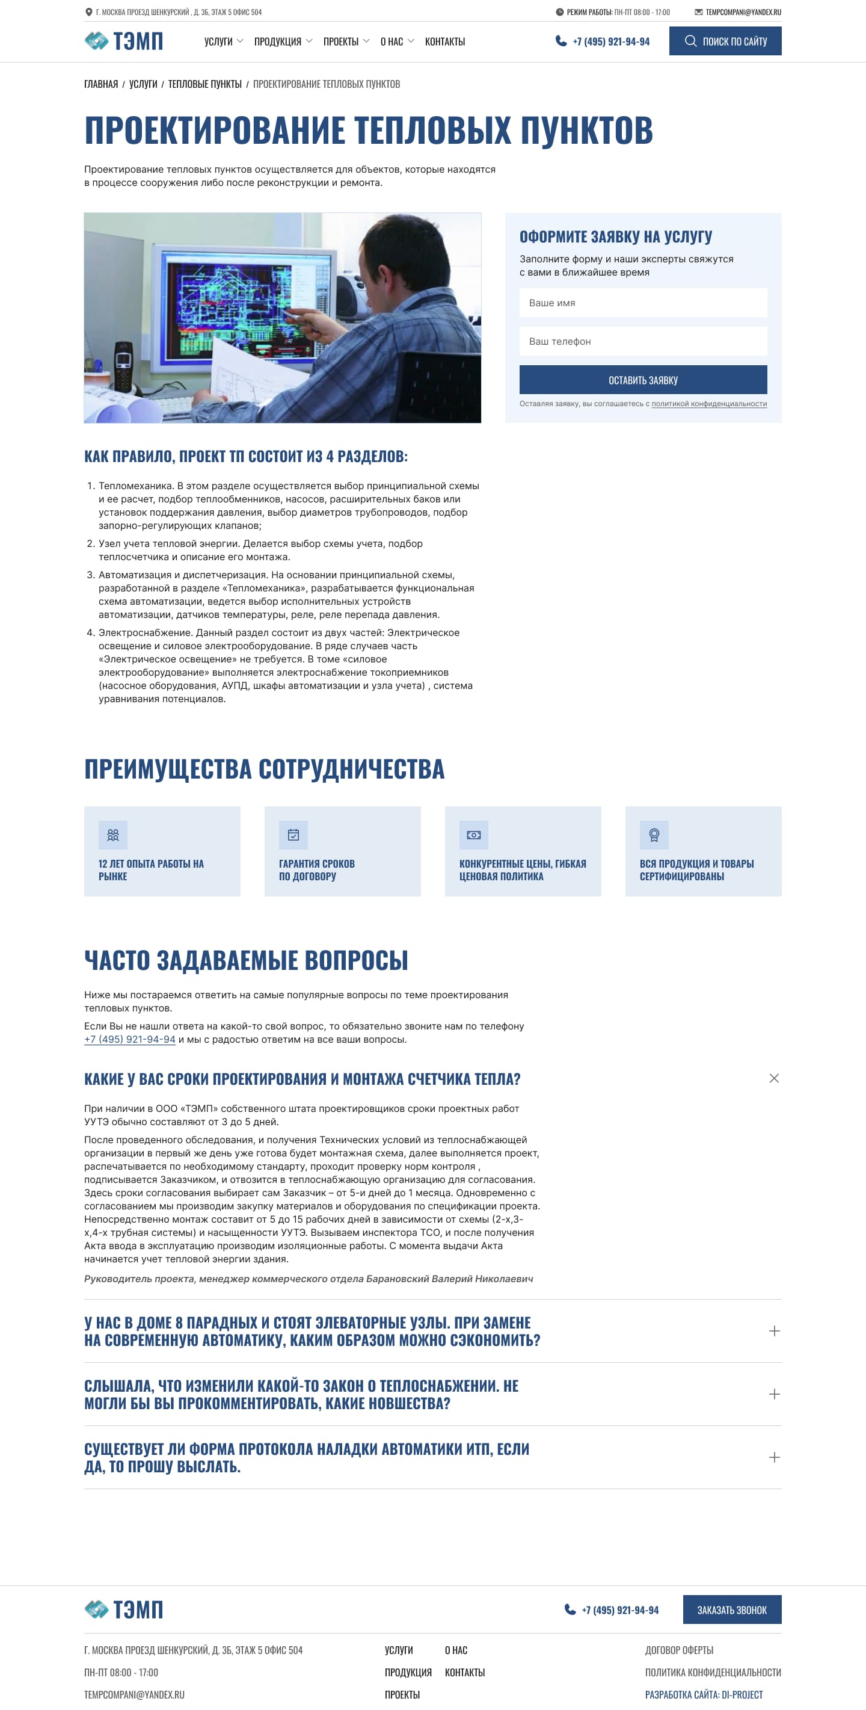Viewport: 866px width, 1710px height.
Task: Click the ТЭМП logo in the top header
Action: pyautogui.click(x=124, y=41)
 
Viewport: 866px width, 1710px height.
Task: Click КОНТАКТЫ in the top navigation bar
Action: pyautogui.click(x=444, y=41)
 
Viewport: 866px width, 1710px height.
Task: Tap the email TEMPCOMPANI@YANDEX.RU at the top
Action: pyautogui.click(x=743, y=12)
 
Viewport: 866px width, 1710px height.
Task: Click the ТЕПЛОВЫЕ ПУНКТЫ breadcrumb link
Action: pyautogui.click(x=204, y=84)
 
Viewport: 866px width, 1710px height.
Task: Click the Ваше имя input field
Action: pyautogui.click(x=642, y=303)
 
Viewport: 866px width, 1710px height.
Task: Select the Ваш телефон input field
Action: pyautogui.click(x=642, y=341)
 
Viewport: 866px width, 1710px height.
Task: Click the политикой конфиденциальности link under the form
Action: pyautogui.click(x=708, y=404)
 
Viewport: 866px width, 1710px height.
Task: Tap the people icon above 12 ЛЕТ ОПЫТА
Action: pyautogui.click(x=113, y=835)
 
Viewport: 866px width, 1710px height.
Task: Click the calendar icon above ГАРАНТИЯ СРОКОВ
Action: pyautogui.click(x=293, y=835)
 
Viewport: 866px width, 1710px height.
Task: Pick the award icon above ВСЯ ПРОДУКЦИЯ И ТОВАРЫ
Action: pyautogui.click(x=654, y=835)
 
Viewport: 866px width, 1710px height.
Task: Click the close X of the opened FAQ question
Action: pyautogui.click(x=774, y=1079)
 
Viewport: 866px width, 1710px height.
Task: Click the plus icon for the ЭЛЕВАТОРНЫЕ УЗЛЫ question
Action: pyautogui.click(x=774, y=1331)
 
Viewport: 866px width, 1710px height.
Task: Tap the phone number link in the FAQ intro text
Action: pyautogui.click(x=130, y=1040)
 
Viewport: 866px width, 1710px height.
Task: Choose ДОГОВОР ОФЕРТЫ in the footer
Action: pyautogui.click(x=679, y=1650)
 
